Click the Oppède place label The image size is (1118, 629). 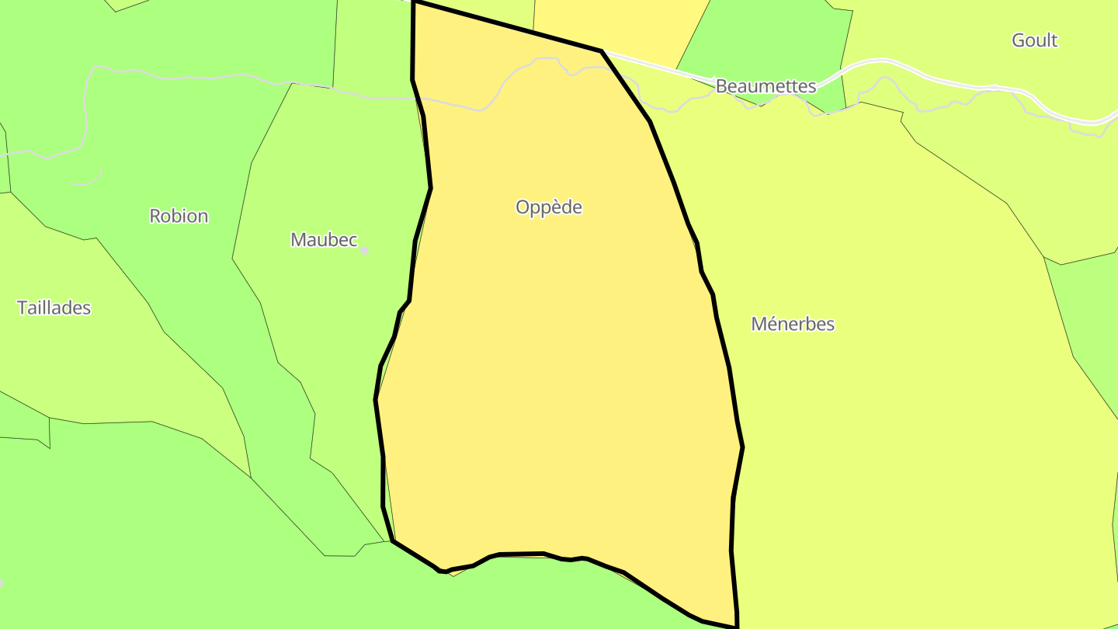[x=549, y=207]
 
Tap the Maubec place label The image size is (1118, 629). [x=324, y=240]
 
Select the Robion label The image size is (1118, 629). [x=179, y=216]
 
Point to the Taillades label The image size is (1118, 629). [x=54, y=308]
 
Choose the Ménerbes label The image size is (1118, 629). [x=793, y=324]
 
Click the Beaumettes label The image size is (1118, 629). [x=766, y=86]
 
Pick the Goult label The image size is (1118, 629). [x=1034, y=40]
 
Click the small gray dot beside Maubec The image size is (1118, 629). [x=364, y=250]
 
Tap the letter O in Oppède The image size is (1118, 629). [x=523, y=207]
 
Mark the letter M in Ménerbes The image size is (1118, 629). [x=759, y=324]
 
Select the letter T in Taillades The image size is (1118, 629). [x=22, y=308]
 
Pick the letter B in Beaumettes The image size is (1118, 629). [x=721, y=86]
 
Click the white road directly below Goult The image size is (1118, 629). [x=1033, y=94]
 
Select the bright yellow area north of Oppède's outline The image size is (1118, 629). [x=613, y=23]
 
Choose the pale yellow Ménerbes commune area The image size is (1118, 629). [x=893, y=427]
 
